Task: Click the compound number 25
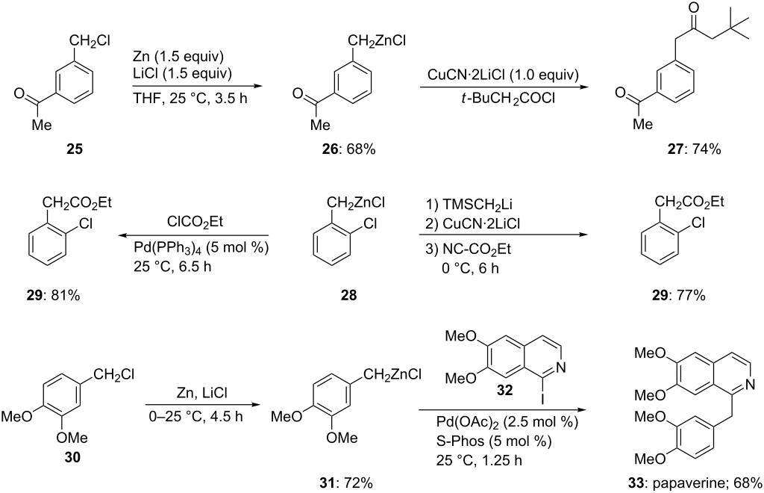(x=74, y=149)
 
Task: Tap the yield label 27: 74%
(x=694, y=149)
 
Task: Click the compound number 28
(x=349, y=295)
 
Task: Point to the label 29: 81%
(x=53, y=295)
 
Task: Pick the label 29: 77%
(x=679, y=295)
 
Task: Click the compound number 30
(x=73, y=457)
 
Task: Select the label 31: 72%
(x=345, y=483)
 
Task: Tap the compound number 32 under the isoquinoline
(x=505, y=390)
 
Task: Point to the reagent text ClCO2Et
(x=195, y=223)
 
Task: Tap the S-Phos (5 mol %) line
(x=494, y=441)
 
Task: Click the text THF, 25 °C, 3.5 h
(x=190, y=98)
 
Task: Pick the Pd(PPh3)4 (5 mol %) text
(x=201, y=248)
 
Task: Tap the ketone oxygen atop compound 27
(x=694, y=8)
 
